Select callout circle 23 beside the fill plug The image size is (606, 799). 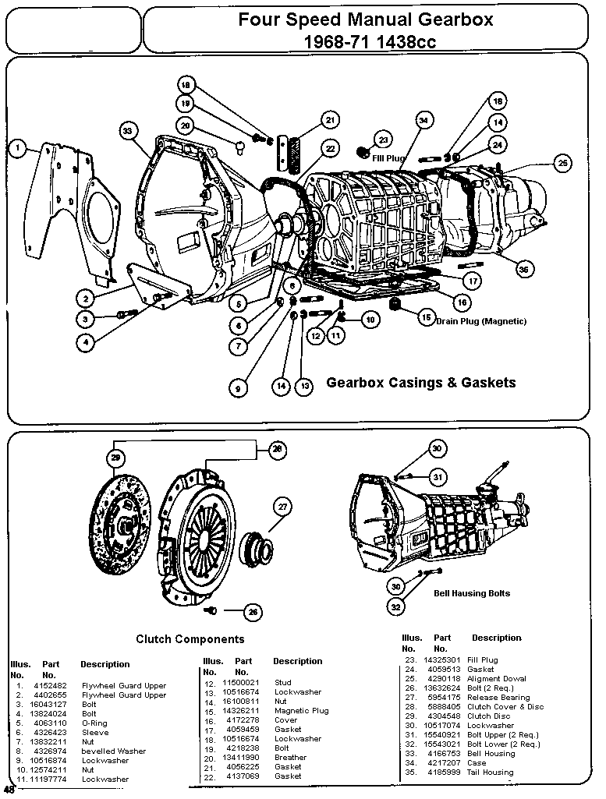click(x=383, y=139)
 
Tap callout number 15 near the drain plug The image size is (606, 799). click(x=427, y=317)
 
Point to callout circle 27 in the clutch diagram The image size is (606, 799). click(x=282, y=507)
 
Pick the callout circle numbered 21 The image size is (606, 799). click(x=330, y=120)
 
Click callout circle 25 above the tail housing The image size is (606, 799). click(x=562, y=163)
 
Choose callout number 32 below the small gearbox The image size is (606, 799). click(x=396, y=606)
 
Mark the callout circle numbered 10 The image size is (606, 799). click(x=369, y=319)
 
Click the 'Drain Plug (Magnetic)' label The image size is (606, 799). click(x=481, y=321)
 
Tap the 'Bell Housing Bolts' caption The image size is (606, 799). click(x=471, y=593)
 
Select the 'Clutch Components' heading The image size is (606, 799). click(x=190, y=639)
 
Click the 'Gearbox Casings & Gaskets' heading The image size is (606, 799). click(x=420, y=383)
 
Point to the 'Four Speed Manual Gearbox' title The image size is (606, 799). click(x=365, y=19)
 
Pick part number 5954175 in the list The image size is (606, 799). click(x=443, y=698)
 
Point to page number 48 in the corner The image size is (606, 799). click(x=9, y=789)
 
